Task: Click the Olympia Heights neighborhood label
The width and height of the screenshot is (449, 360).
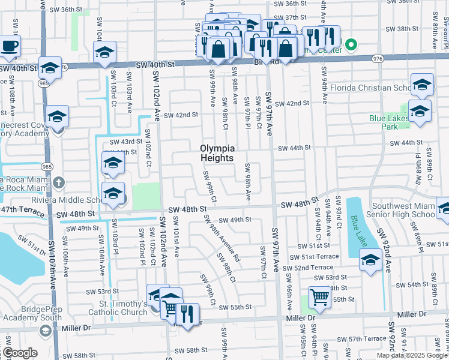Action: (x=217, y=154)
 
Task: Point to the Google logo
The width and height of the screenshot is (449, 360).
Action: (x=20, y=353)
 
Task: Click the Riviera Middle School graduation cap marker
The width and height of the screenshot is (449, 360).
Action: (x=113, y=193)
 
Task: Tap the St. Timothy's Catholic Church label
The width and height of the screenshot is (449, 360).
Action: (x=118, y=308)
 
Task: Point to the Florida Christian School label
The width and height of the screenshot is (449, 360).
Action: (x=370, y=88)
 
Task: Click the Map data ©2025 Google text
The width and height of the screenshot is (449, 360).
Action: (x=411, y=355)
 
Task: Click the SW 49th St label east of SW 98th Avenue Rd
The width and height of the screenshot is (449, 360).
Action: (x=235, y=220)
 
